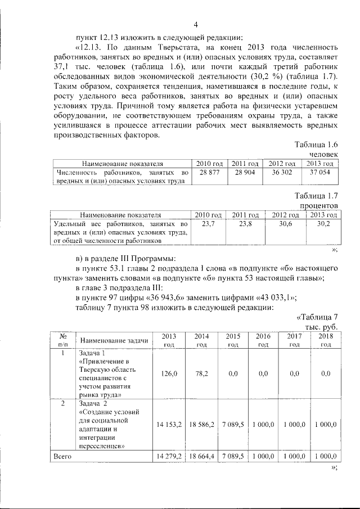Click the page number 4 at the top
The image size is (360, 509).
[195, 24]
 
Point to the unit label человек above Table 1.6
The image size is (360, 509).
[323, 154]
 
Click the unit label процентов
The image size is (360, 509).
[318, 206]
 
